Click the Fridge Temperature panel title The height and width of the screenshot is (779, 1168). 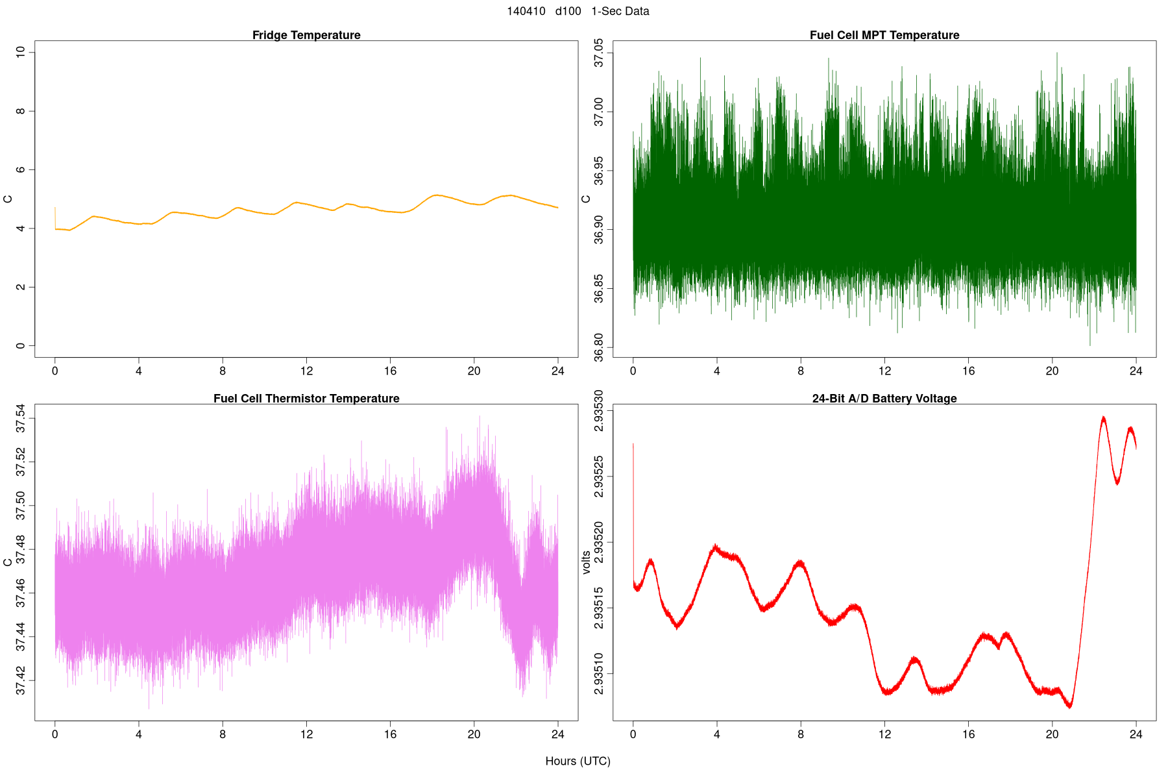[x=306, y=35]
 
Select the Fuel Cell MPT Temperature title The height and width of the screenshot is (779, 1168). [x=884, y=35]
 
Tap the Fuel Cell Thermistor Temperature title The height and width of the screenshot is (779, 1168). [x=306, y=399]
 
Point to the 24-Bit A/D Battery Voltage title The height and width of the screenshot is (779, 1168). [x=884, y=399]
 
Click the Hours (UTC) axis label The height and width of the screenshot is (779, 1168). [x=578, y=761]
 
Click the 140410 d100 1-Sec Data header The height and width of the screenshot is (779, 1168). [x=578, y=11]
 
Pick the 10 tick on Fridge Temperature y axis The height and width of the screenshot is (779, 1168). [x=21, y=52]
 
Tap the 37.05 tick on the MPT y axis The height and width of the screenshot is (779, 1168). [x=599, y=53]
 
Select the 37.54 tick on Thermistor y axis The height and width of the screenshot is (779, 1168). [x=21, y=419]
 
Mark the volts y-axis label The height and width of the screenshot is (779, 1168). [x=587, y=562]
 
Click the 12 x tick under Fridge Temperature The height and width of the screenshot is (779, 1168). [x=306, y=371]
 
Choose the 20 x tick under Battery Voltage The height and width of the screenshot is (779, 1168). [x=1052, y=735]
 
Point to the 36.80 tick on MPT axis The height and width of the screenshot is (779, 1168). [x=599, y=347]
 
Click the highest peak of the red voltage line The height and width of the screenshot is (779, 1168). [x=1103, y=417]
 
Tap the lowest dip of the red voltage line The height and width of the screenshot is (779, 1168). [x=1070, y=707]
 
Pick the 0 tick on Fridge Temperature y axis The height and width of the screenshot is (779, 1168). [x=21, y=346]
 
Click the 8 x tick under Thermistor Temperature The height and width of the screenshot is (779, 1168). [x=223, y=735]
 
